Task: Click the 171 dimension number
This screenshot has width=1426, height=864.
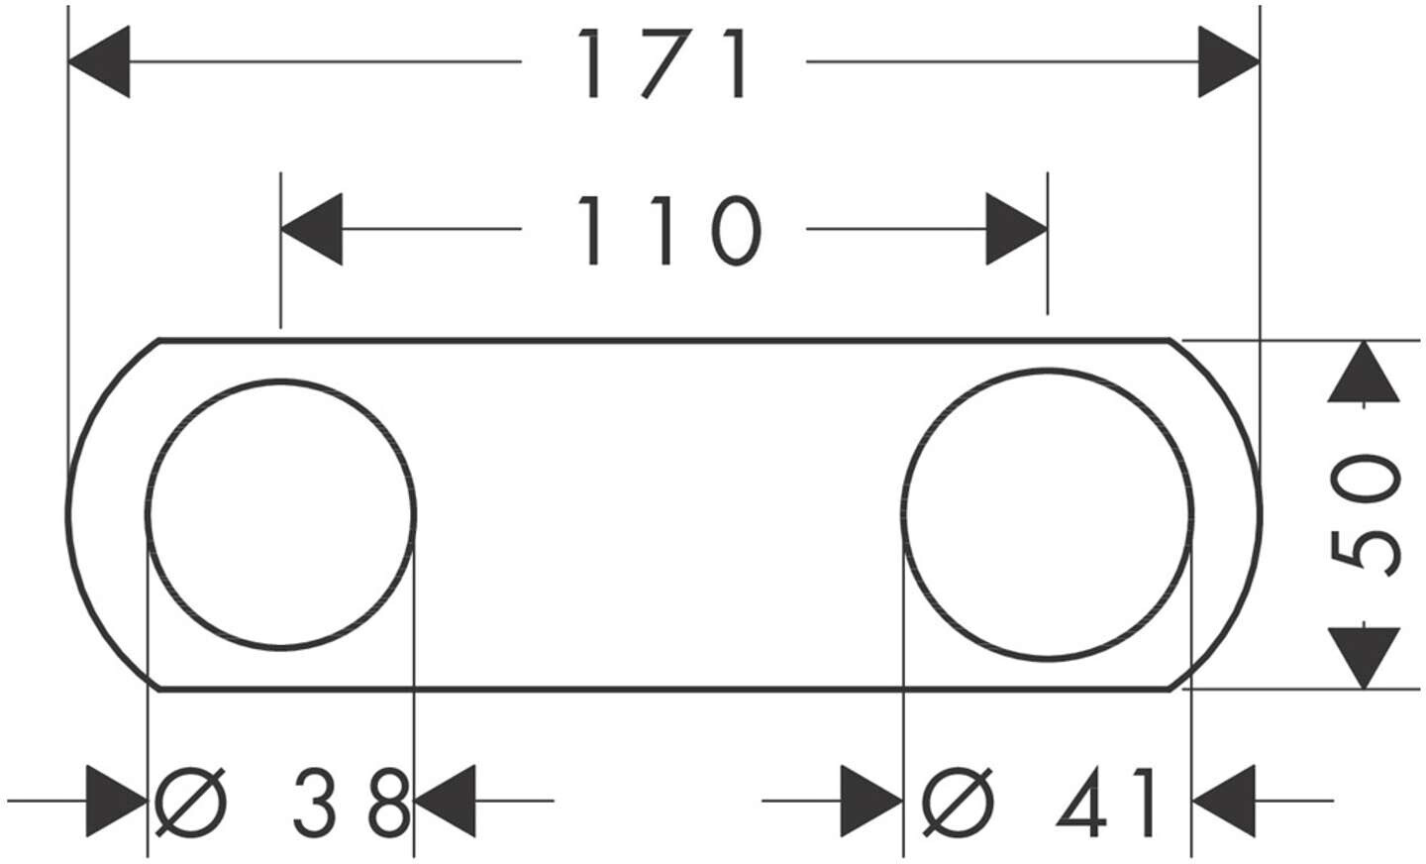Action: [663, 64]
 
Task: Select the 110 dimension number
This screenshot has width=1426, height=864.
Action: [668, 231]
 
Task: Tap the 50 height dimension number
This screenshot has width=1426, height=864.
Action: [1367, 513]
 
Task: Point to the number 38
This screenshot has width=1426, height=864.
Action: [352, 801]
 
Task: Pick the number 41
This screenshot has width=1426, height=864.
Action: [1107, 801]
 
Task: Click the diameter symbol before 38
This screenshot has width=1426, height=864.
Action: [192, 801]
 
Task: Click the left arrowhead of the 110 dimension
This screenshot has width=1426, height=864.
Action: [312, 230]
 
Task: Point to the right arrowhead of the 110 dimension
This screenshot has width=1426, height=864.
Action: [1016, 230]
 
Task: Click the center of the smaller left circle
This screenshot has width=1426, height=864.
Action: [281, 514]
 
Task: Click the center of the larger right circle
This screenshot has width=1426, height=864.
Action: [1048, 514]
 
